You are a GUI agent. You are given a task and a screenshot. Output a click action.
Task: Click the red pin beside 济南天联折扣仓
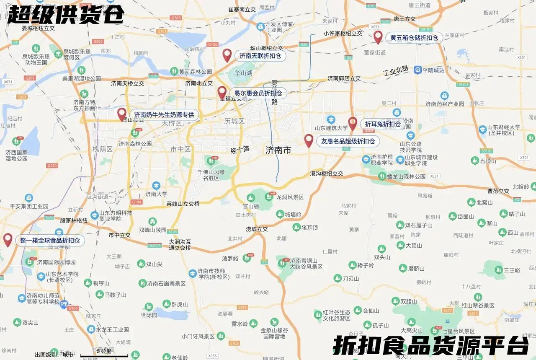[x=227, y=55]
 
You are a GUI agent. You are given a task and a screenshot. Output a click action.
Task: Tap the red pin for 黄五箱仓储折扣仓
[x=378, y=37]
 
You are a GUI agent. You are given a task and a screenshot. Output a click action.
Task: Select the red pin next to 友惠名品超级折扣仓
[x=309, y=140]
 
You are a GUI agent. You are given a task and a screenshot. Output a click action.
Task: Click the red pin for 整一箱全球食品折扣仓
[x=8, y=240]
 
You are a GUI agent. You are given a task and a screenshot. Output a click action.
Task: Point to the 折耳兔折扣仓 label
[x=383, y=124]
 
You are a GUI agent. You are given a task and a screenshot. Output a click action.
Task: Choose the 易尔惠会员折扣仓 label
[x=258, y=93]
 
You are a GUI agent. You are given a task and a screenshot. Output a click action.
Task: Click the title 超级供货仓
[x=66, y=15]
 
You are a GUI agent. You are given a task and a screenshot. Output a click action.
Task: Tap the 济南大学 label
[x=156, y=194]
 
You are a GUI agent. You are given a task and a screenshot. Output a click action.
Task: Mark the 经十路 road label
[x=240, y=149]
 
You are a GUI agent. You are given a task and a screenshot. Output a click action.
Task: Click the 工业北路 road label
[x=396, y=71]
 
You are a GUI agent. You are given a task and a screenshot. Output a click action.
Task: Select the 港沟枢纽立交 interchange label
[x=327, y=174]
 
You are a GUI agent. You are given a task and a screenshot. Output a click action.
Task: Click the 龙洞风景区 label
[x=290, y=197]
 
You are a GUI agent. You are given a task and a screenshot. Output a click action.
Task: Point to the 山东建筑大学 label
[x=331, y=128]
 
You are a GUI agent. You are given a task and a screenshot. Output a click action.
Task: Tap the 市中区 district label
[x=180, y=149]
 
